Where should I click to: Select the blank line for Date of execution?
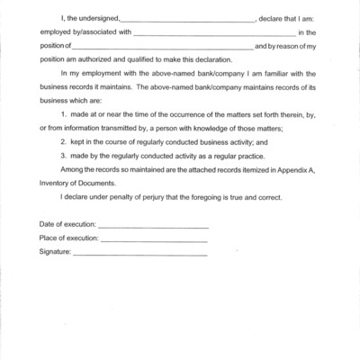(153, 226)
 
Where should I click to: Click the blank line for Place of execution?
(154, 240)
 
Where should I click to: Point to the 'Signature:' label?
(55, 253)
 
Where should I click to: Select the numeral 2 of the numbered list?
(62, 142)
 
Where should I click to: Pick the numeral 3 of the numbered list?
(62, 157)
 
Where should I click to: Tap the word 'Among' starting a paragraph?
(71, 171)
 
